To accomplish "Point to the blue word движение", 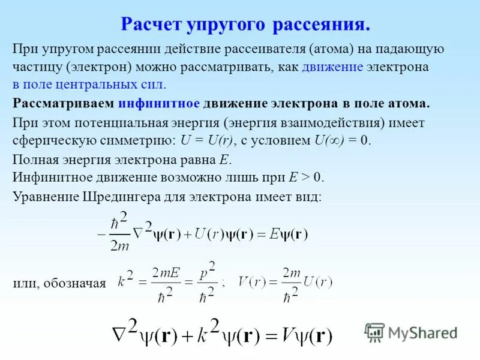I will [332, 67].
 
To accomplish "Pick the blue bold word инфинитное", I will [159, 103].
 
